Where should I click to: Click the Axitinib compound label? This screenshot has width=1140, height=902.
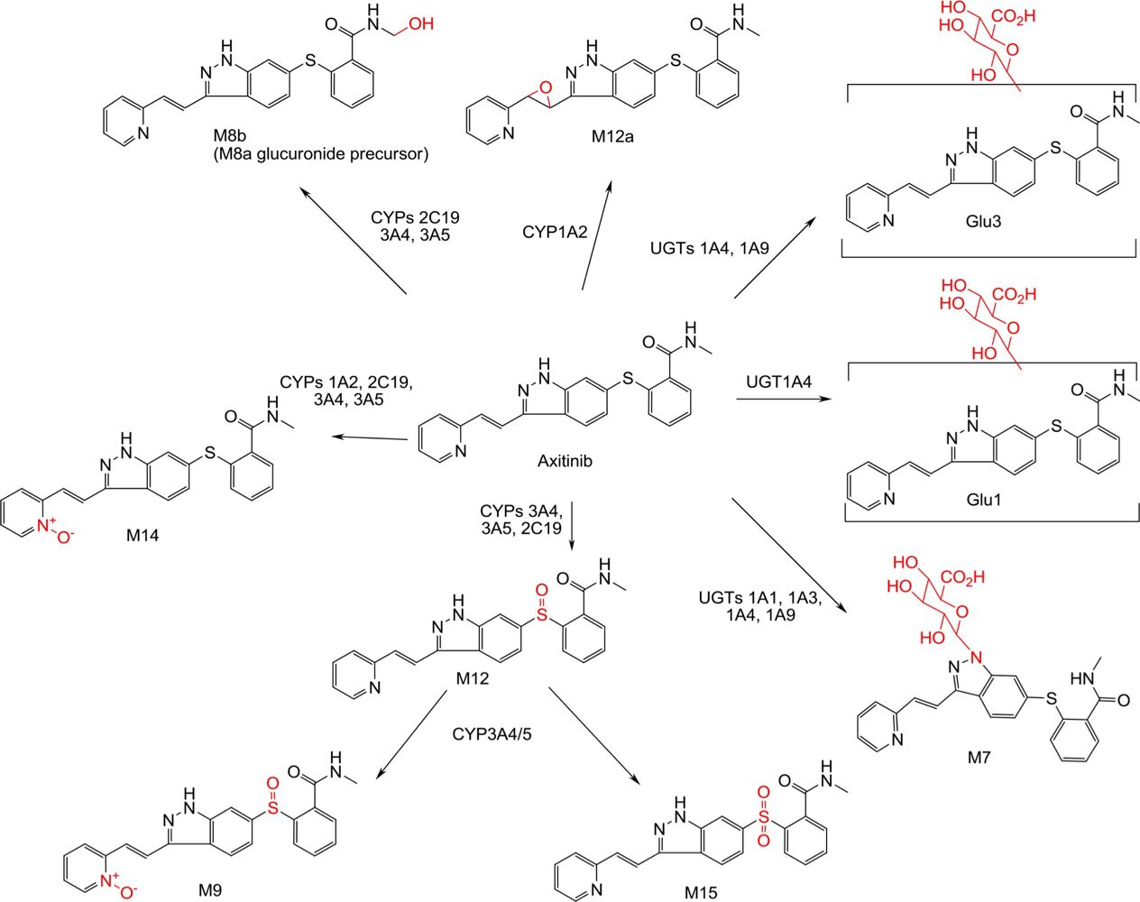tap(565, 461)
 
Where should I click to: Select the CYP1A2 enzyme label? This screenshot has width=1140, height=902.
tap(555, 232)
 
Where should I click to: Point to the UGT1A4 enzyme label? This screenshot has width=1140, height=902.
tap(778, 382)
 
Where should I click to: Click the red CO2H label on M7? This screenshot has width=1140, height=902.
tap(963, 576)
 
